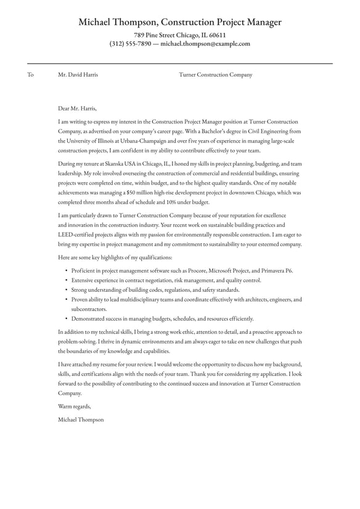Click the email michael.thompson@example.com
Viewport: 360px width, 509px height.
point(205,44)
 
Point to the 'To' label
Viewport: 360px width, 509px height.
point(30,75)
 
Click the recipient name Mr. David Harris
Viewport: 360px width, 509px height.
point(78,75)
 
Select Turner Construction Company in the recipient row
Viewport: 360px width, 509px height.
point(215,75)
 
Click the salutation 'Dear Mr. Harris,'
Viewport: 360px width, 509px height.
point(77,107)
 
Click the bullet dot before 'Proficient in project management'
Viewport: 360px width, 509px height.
point(66,271)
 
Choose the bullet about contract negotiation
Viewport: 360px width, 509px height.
point(166,280)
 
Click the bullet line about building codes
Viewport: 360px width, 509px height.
point(155,289)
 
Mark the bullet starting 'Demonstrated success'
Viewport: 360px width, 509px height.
point(162,318)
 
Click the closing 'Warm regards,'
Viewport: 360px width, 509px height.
point(74,406)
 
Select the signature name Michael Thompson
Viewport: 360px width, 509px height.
point(81,420)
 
